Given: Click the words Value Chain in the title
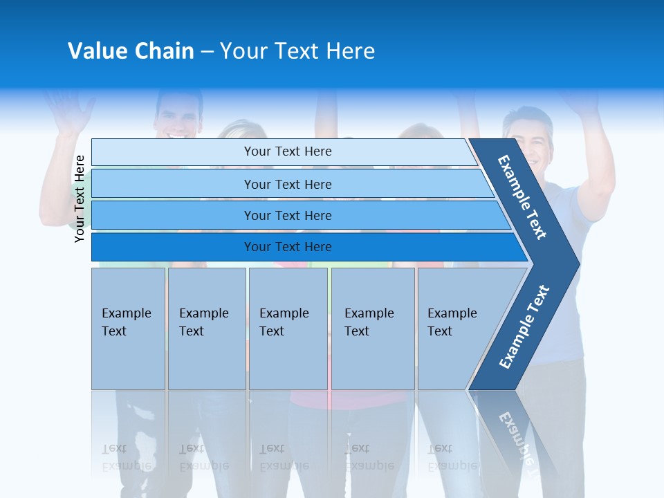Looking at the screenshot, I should pos(131,51).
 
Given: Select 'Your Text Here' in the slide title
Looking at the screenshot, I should pos(297,51).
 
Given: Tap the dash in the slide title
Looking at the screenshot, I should pos(207,52).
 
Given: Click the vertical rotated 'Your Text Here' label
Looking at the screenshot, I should pos(80,199).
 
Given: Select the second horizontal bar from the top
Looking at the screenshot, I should pos(288,184).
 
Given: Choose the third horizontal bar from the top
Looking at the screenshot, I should pos(288,215).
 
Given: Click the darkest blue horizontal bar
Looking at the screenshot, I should pos(288,247).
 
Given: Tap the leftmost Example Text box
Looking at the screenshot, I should pos(128,328).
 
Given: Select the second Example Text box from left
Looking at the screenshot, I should pos(206,328).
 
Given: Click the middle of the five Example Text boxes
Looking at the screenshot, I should pos(288,328).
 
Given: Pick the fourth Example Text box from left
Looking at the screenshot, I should pos(372,328).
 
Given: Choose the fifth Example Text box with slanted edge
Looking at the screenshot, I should pos(456,328).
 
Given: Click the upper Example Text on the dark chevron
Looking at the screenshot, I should pos(522,197).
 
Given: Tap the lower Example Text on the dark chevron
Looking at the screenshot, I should pos(524,326).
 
